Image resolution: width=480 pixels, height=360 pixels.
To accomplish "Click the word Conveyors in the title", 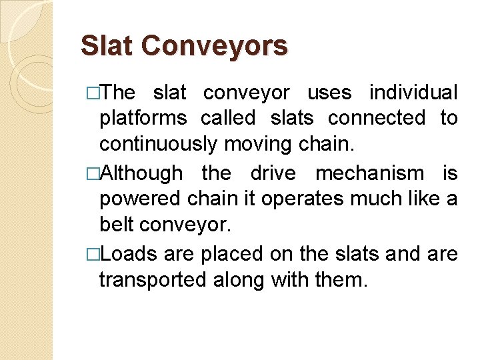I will [215, 46].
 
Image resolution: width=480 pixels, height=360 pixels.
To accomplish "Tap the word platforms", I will [143, 119].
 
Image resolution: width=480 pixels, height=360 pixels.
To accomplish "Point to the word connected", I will [377, 118].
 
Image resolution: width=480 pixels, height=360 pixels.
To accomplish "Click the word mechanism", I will [369, 173].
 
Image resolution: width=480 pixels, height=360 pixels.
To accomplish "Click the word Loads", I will [131, 253].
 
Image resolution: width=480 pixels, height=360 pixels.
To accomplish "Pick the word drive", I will [272, 173].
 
